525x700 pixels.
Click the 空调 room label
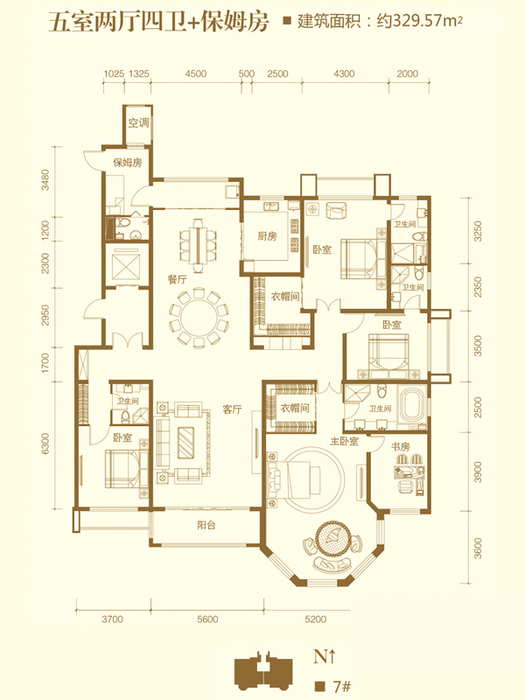(138, 122)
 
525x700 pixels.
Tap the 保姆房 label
(128, 163)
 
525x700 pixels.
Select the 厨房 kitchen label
(267, 236)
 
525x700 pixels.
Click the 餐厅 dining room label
(178, 280)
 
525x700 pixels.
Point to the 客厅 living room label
(232, 409)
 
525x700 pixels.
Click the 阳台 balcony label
(206, 525)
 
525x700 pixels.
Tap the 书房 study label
(400, 446)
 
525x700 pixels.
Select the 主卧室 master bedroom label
(344, 442)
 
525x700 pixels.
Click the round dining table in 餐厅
(199, 317)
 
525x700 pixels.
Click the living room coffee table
(185, 443)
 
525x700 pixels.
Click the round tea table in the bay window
(332, 537)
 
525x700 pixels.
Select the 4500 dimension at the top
(196, 73)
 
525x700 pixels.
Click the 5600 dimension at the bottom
(207, 619)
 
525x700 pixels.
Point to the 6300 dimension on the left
(45, 444)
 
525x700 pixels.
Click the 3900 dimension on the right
(478, 472)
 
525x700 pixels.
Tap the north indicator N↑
(324, 657)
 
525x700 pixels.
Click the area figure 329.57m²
(428, 21)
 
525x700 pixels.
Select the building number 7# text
(342, 686)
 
